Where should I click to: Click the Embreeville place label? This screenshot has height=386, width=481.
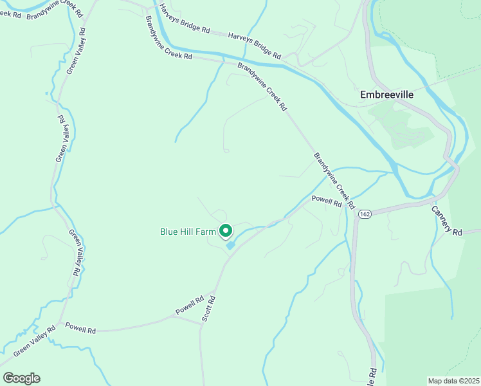click(386, 95)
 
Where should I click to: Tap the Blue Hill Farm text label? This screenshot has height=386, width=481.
click(188, 232)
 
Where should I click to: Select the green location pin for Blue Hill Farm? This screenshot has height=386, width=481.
click(226, 230)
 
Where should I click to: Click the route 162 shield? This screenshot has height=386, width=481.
click(365, 214)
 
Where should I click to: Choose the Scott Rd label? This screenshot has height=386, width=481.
click(208, 309)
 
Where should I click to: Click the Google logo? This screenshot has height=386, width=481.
click(21, 378)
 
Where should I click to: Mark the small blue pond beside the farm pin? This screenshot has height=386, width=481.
click(230, 245)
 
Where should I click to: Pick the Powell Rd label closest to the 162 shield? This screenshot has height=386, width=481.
click(326, 201)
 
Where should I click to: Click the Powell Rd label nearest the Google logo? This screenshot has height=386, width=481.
click(80, 329)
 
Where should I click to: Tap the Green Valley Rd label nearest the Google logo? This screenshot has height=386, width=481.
click(28, 338)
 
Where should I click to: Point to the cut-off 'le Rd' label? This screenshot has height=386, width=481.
click(372, 374)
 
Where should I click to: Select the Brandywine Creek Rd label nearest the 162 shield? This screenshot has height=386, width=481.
click(334, 181)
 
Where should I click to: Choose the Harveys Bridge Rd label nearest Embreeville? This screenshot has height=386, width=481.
click(255, 46)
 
